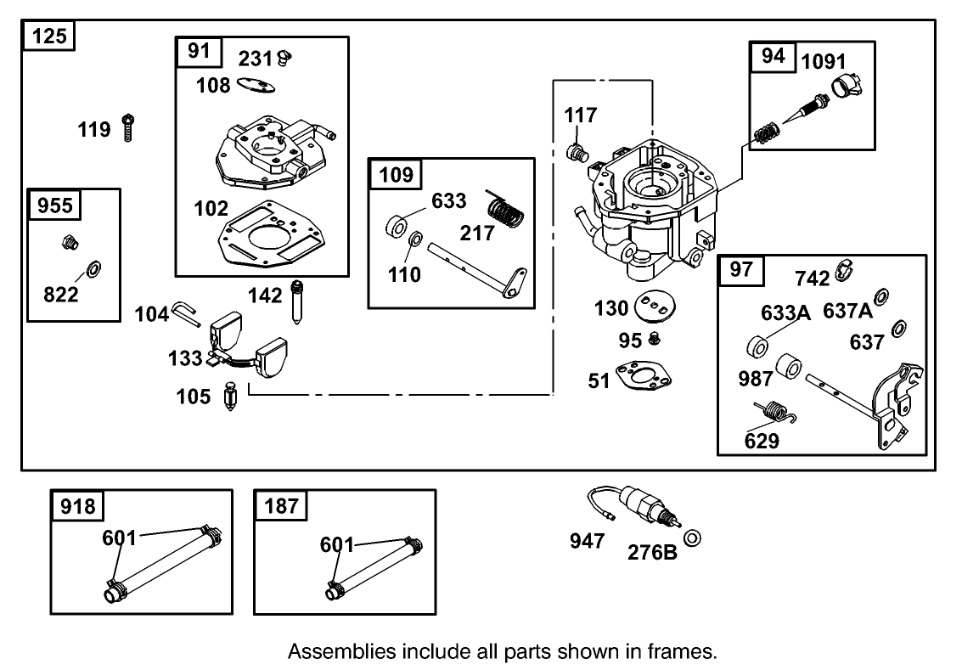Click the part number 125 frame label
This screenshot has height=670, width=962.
click(x=48, y=36)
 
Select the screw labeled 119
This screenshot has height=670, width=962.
click(x=127, y=127)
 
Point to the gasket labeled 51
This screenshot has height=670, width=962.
click(x=644, y=374)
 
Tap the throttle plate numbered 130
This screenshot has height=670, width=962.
click(x=655, y=306)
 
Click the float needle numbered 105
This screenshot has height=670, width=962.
click(x=231, y=395)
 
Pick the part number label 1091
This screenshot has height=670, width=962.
click(x=824, y=61)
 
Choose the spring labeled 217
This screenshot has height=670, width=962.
click(x=506, y=209)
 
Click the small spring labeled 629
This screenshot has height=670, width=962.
click(x=774, y=412)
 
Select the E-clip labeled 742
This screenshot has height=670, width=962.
click(x=845, y=269)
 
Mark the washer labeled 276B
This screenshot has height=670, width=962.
click(x=692, y=538)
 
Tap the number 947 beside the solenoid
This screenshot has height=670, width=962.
click(x=588, y=541)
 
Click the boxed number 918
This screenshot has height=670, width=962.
click(x=78, y=506)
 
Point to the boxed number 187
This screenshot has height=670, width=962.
click(x=281, y=506)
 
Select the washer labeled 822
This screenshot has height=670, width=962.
click(x=94, y=268)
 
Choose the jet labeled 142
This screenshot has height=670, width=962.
click(x=297, y=301)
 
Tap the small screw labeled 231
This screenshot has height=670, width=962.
click(x=284, y=58)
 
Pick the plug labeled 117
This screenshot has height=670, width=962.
click(x=576, y=151)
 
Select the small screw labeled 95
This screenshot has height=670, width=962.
click(x=655, y=337)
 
